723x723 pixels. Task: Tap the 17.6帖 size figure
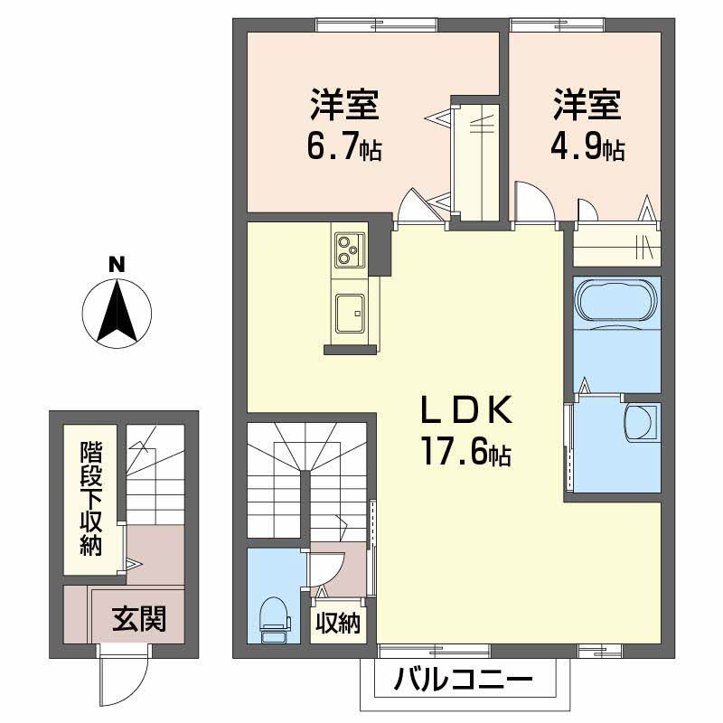pyautogui.click(x=465, y=453)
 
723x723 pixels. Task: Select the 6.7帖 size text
pyautogui.click(x=344, y=146)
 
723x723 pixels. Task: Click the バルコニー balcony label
pyautogui.click(x=464, y=680)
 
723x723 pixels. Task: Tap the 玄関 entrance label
pyautogui.click(x=138, y=619)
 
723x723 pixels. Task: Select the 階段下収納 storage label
pyautogui.click(x=90, y=497)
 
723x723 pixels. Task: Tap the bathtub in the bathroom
pyautogui.click(x=618, y=300)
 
